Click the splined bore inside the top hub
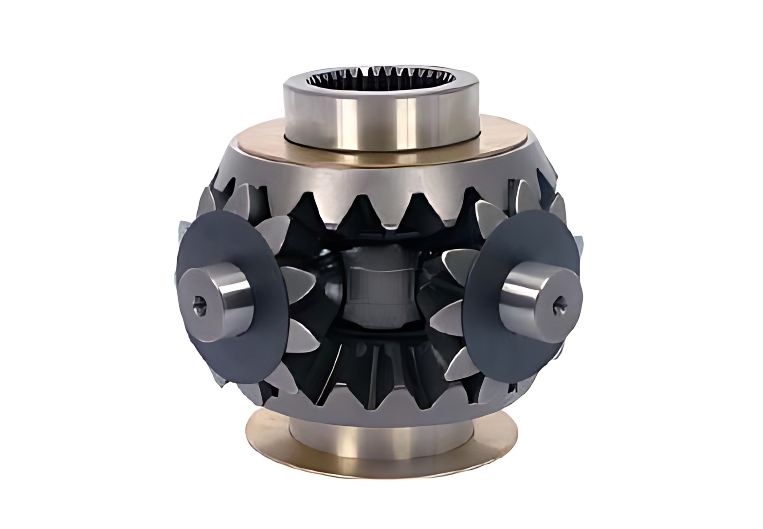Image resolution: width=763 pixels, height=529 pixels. tap(382, 78)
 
